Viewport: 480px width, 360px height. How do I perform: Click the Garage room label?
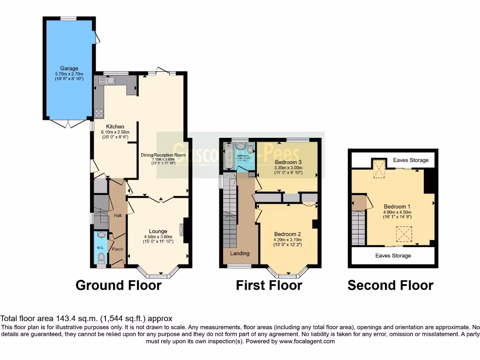point(69,68)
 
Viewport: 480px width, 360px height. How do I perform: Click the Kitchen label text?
point(115,127)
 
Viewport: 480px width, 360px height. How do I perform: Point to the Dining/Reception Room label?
point(164,155)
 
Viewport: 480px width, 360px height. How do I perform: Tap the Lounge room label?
point(158,231)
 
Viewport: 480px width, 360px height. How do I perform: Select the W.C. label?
point(100,247)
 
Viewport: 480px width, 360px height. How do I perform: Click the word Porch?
point(117,249)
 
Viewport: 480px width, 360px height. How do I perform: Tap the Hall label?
point(117,216)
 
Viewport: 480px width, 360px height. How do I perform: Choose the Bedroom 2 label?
point(287,234)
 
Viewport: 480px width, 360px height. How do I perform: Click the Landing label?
point(239,254)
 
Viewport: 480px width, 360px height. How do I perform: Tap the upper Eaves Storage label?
point(411,160)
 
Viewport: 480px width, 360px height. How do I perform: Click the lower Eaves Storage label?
point(393,255)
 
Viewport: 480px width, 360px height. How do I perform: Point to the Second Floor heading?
point(390,285)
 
